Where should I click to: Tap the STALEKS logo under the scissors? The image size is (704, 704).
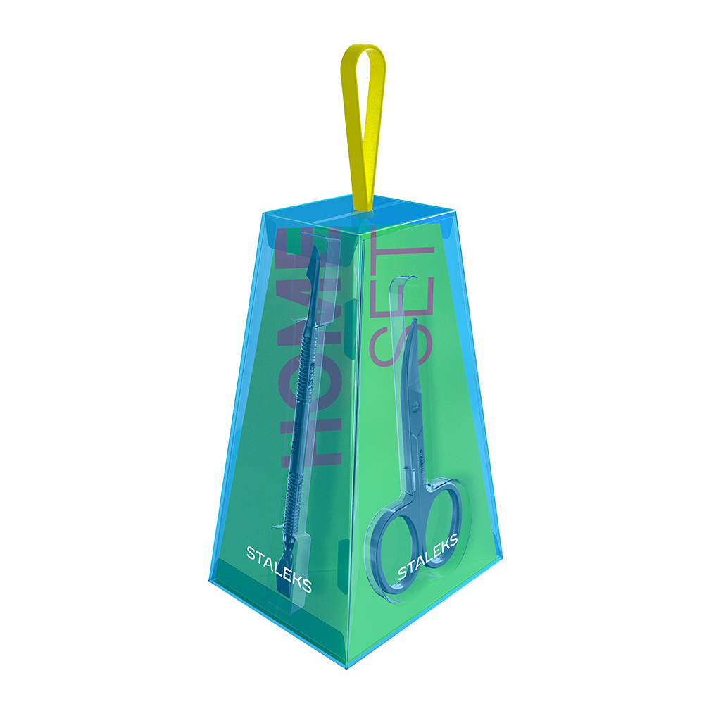click(428, 557)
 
